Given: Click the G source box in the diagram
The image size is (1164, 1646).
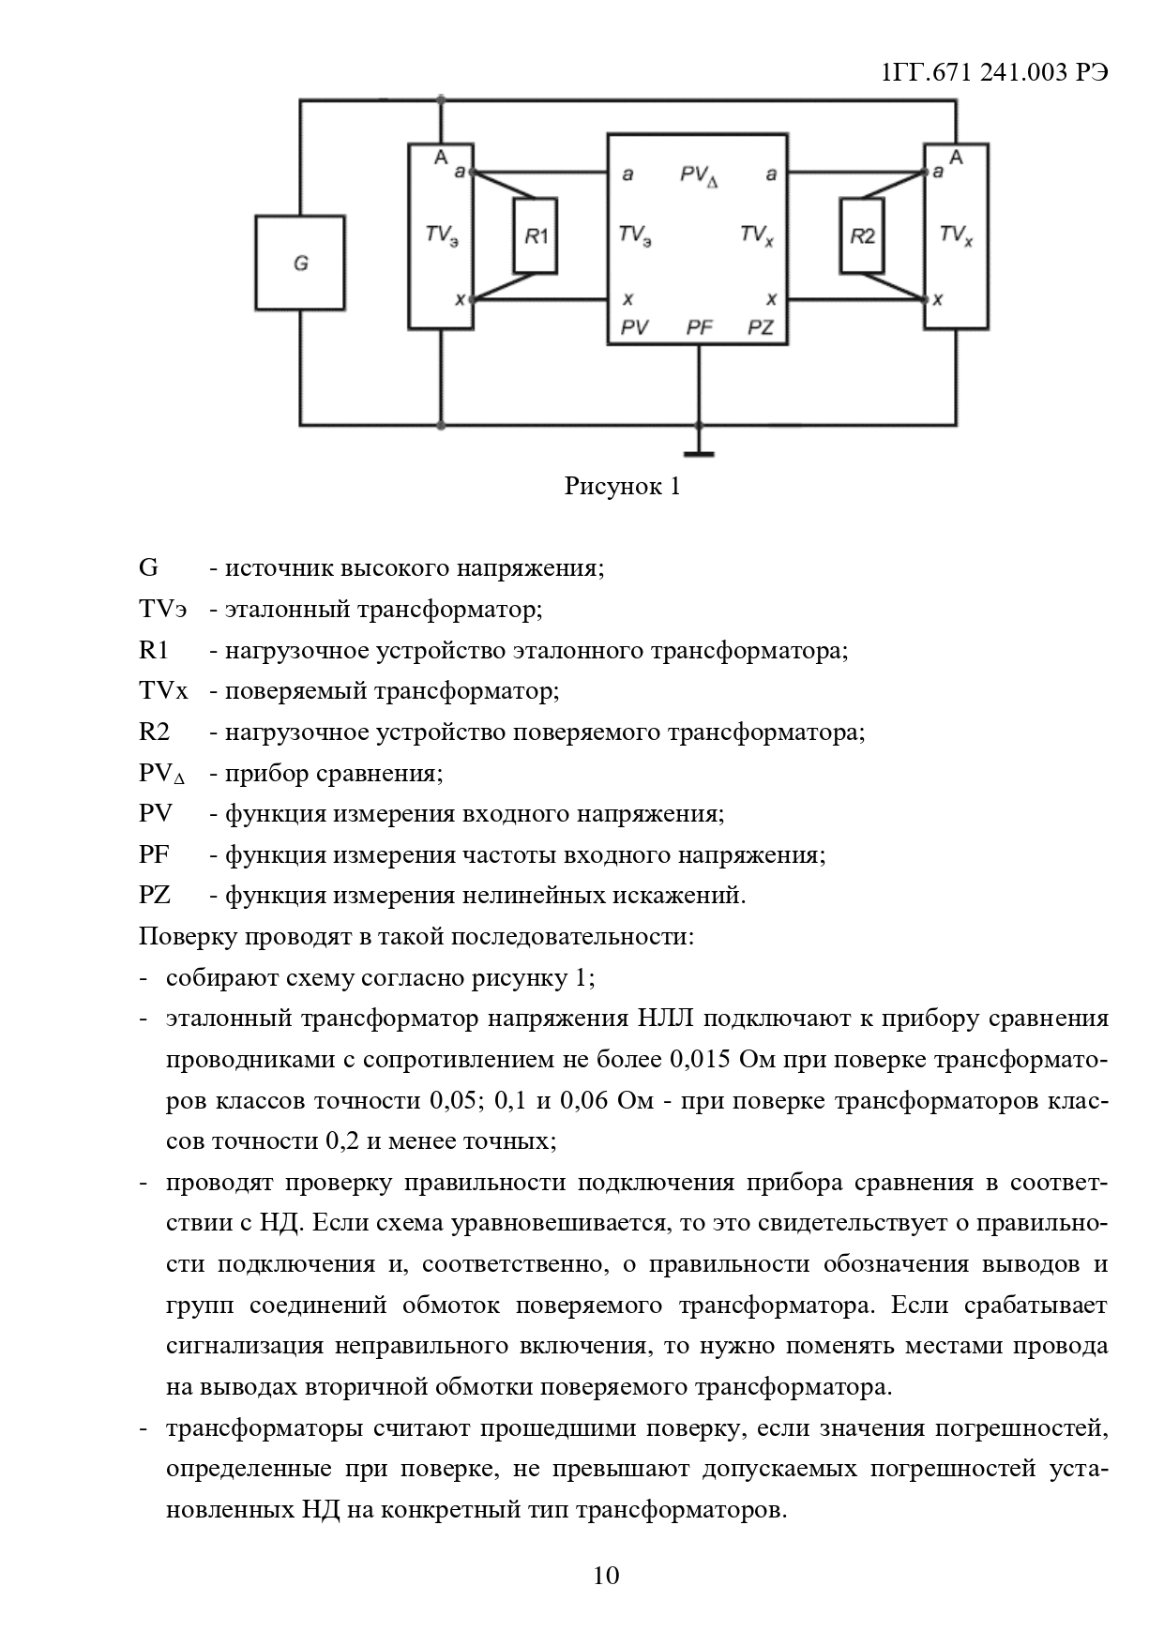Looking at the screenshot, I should [x=300, y=263].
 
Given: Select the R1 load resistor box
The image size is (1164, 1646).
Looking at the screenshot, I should [x=536, y=235].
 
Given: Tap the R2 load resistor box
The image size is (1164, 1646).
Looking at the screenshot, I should [x=862, y=235].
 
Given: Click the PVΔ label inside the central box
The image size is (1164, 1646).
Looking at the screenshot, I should [x=699, y=175].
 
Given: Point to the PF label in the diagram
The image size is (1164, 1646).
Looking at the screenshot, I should [x=699, y=326].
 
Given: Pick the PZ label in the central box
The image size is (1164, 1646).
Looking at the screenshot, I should [x=760, y=326].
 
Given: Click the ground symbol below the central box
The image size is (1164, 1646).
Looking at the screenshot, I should [x=699, y=453].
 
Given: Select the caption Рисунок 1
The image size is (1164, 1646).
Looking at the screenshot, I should [x=622, y=487].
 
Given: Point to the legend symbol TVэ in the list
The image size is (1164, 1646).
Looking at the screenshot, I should [x=161, y=610].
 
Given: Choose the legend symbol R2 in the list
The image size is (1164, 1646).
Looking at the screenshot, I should [x=154, y=732].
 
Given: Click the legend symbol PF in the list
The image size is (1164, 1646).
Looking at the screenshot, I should [x=154, y=855].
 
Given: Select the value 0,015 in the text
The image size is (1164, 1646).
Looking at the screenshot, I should [x=701, y=1060].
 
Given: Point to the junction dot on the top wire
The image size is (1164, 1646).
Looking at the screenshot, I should [x=441, y=99].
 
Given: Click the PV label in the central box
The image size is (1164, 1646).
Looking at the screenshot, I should [x=635, y=326].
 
